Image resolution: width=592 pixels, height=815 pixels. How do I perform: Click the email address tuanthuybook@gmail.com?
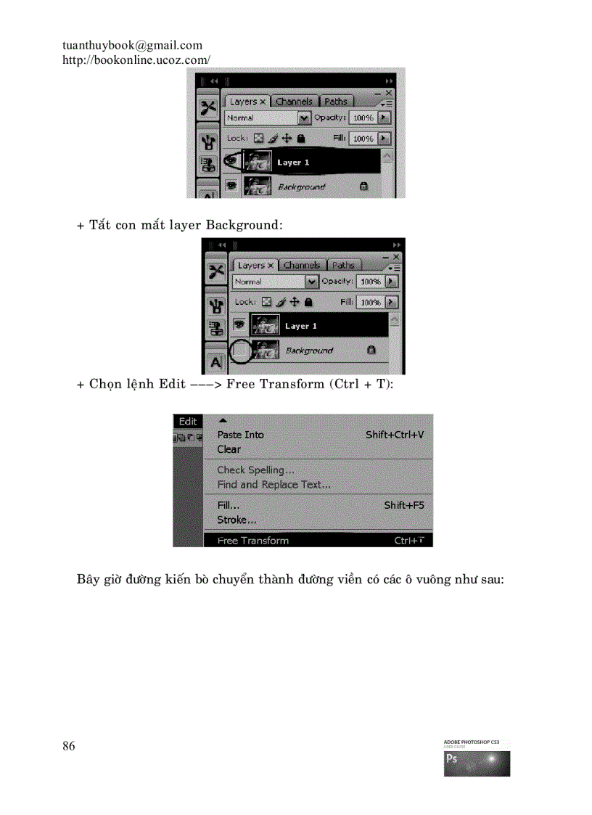(132, 46)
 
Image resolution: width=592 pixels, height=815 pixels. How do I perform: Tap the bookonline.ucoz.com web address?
(136, 60)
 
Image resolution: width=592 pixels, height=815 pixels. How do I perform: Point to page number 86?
(69, 746)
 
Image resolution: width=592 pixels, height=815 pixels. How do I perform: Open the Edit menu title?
(188, 422)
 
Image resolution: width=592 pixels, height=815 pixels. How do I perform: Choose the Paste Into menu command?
(240, 435)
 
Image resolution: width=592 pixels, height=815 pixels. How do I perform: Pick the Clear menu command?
(229, 449)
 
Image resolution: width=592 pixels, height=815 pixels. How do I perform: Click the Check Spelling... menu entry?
(255, 470)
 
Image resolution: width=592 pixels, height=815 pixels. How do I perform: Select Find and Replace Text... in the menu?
(274, 484)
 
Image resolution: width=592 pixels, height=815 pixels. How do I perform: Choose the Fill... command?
(228, 505)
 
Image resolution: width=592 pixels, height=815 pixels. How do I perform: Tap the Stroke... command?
(237, 520)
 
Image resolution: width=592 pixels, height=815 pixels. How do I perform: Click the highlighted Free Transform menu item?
(252, 541)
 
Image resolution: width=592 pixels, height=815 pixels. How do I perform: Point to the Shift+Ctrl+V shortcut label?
(395, 435)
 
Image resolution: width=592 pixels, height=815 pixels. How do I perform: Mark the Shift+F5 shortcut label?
(404, 505)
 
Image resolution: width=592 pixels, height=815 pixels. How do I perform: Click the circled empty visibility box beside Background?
(240, 351)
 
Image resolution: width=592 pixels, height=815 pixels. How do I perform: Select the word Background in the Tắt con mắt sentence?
(244, 225)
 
